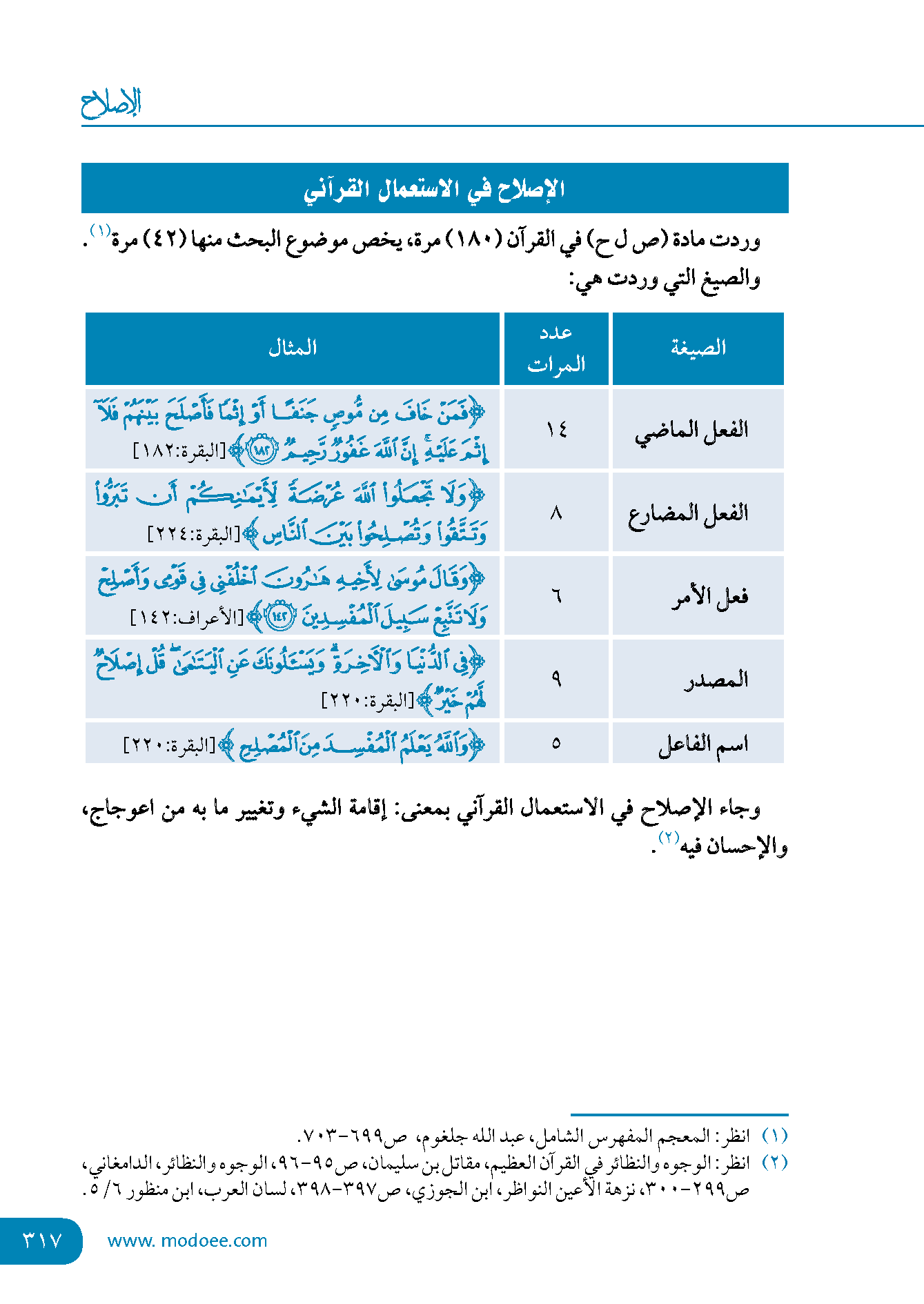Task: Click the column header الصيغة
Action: pyautogui.click(x=698, y=348)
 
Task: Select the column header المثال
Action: pyautogui.click(x=293, y=348)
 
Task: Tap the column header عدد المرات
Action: pyautogui.click(x=556, y=348)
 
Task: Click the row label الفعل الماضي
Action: pyautogui.click(x=691, y=431)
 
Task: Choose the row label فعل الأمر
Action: pyautogui.click(x=710, y=597)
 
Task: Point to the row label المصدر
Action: pyautogui.click(x=716, y=680)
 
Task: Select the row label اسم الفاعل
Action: pyautogui.click(x=703, y=744)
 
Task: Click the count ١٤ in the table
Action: pyautogui.click(x=556, y=430)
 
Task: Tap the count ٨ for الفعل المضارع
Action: pyautogui.click(x=556, y=513)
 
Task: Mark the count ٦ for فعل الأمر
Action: pyautogui.click(x=556, y=596)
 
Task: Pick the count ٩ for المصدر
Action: pyautogui.click(x=556, y=680)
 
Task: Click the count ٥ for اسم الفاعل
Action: pyautogui.click(x=556, y=744)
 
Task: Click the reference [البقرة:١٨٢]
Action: pyautogui.click(x=179, y=452)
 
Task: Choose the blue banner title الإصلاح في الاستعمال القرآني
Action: pyautogui.click(x=435, y=188)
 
